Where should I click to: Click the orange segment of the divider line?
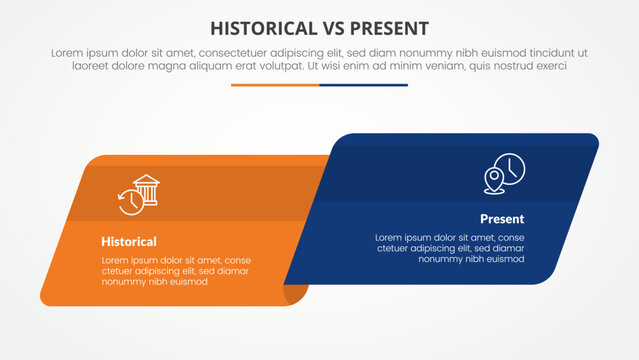coord(275,85)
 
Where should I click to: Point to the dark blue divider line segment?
coord(364,85)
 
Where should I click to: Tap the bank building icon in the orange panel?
coord(147,188)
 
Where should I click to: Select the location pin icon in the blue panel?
coord(493,180)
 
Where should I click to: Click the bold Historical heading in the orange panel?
coord(128,241)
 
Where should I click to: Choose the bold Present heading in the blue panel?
coord(501,218)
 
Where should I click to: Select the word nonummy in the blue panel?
coord(441,259)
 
